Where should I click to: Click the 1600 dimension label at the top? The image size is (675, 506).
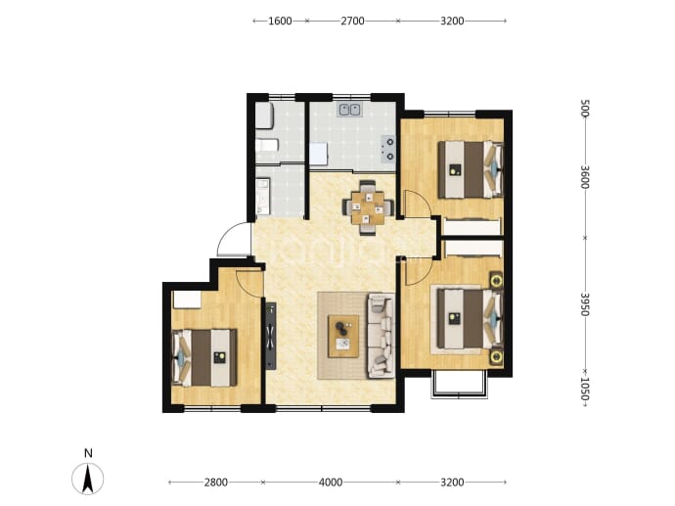click(x=280, y=21)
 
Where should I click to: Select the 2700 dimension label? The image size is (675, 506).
click(x=352, y=21)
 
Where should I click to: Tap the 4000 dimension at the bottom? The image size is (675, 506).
click(x=331, y=483)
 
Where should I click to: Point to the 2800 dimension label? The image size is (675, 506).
click(x=215, y=483)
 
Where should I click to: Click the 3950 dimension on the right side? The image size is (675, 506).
click(x=584, y=304)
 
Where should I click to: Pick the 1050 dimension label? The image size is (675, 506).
click(x=584, y=389)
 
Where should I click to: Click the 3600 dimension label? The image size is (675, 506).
click(x=584, y=176)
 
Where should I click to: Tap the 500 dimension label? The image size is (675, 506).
click(x=584, y=108)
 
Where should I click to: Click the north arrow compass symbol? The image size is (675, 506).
click(x=88, y=479)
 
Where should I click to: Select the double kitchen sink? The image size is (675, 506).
click(x=349, y=110)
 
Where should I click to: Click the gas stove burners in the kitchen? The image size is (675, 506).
click(x=388, y=148)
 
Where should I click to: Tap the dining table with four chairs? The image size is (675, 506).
click(x=367, y=207)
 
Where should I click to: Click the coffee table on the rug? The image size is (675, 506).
click(x=343, y=336)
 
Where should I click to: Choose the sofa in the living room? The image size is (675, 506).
click(x=382, y=336)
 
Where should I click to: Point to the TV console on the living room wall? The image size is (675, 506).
click(x=271, y=336)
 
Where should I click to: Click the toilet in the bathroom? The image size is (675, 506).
click(x=264, y=115)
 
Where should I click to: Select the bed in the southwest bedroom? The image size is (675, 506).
click(x=204, y=357)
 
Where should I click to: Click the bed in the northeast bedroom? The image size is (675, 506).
click(x=471, y=169)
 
